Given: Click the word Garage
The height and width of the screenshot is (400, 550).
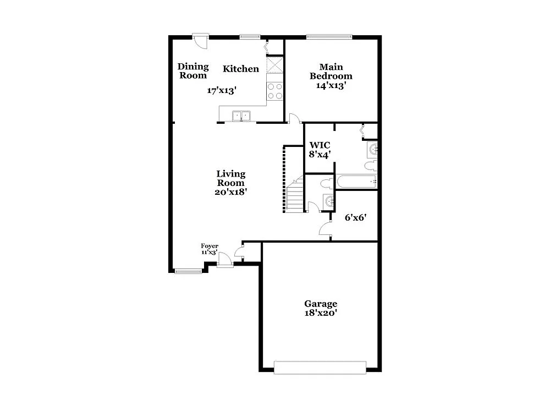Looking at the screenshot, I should click(x=321, y=304).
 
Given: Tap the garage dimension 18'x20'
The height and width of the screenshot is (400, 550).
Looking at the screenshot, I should click(x=321, y=313).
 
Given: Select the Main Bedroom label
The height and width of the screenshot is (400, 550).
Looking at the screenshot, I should click(x=331, y=72).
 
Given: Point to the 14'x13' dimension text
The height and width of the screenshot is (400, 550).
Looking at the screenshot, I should click(x=331, y=85).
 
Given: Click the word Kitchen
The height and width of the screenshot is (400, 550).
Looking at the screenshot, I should click(x=240, y=69).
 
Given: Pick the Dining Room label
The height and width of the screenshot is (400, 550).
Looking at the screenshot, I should click(x=193, y=71).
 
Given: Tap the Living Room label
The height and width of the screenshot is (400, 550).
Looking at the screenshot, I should click(x=230, y=178).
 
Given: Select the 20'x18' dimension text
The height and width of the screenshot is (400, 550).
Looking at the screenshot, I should click(x=230, y=192).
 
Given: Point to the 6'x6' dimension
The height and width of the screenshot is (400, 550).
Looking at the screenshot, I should click(x=355, y=217).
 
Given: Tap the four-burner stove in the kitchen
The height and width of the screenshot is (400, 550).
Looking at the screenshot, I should click(x=274, y=91).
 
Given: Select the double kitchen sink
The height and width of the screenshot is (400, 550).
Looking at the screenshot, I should click(x=241, y=116).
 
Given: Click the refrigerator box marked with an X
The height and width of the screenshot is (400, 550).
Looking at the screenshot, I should click(x=274, y=65).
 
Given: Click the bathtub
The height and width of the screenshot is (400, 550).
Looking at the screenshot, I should click(x=356, y=182).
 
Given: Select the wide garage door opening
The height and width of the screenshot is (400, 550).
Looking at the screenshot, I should click(x=320, y=367).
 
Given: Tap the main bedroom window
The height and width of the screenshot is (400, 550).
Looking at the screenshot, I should click(x=329, y=37).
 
